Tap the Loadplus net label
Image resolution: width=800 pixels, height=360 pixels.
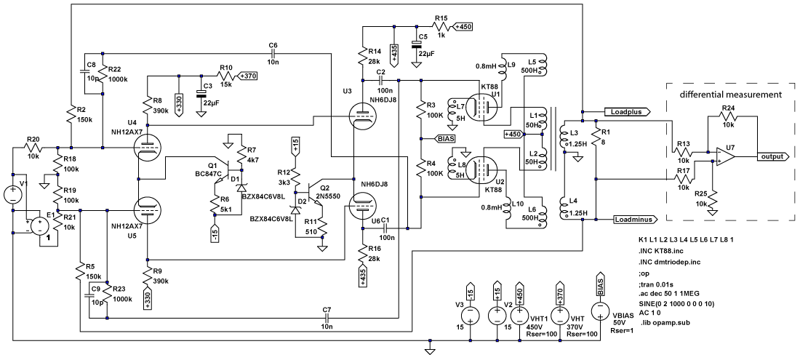click(x=625, y=113)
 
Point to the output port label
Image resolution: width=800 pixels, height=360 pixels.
click(x=772, y=156)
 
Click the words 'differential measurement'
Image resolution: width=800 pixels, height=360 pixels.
click(x=731, y=95)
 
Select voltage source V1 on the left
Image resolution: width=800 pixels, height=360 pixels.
click(x=12, y=194)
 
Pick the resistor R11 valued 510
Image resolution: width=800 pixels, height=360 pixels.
click(x=320, y=231)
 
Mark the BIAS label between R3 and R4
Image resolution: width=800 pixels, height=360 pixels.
click(x=445, y=137)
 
